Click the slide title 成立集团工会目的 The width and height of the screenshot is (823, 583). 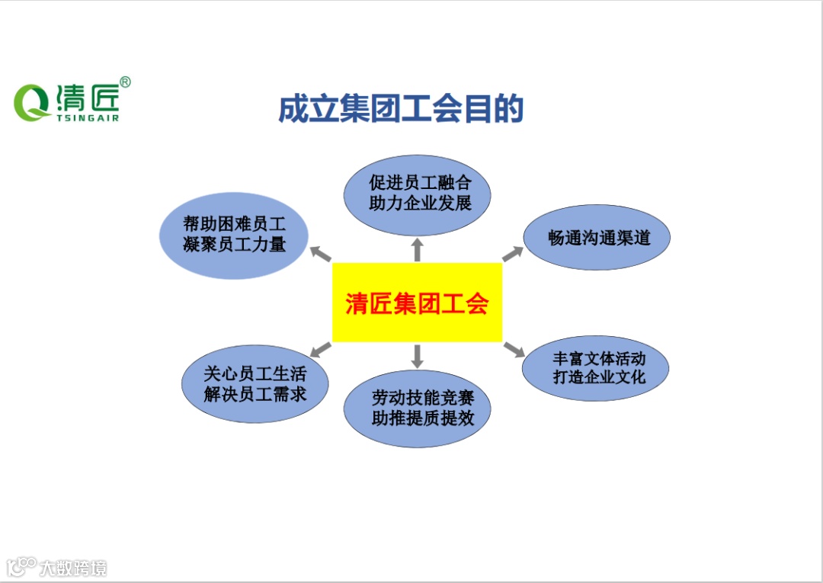point(401,109)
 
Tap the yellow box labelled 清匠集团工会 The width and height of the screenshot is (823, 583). point(417,303)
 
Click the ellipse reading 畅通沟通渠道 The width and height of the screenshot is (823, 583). point(597,236)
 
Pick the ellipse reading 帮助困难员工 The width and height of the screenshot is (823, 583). point(234,235)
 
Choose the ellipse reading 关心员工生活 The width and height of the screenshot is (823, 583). point(255,384)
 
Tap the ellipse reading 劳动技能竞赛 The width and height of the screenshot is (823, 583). point(417,408)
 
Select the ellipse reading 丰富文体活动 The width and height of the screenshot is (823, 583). point(595,367)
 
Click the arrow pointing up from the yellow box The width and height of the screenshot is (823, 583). point(417,248)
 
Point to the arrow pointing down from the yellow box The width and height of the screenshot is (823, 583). point(417,356)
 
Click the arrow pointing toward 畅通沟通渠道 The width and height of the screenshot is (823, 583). point(513,253)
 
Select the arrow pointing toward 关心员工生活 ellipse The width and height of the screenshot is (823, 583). point(321,349)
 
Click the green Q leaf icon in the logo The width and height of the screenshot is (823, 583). point(31,102)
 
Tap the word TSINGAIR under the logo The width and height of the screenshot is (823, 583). point(87,118)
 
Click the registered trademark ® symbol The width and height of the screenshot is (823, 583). point(125,82)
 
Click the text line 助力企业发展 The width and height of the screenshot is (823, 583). point(420,204)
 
